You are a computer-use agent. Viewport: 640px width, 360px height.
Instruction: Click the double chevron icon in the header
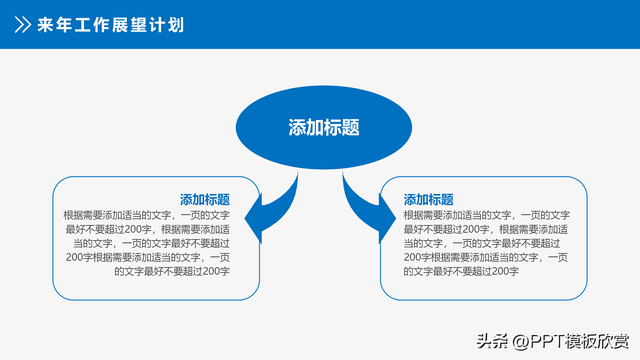[x=19, y=24]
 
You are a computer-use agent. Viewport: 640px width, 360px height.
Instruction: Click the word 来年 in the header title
[x=54, y=24]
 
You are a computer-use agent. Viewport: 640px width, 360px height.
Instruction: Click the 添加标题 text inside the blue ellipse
[x=323, y=128]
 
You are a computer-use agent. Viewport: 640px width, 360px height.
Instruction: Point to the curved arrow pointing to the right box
[x=369, y=207]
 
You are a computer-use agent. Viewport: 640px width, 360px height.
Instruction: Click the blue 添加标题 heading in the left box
[x=205, y=199]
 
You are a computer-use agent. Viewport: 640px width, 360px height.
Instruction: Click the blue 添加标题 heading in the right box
[x=428, y=199]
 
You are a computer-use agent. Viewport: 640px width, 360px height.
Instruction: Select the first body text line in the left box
[x=146, y=214]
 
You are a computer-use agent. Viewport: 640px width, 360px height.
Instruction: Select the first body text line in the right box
[x=486, y=214]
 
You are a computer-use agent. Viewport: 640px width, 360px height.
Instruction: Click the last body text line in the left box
[x=172, y=270]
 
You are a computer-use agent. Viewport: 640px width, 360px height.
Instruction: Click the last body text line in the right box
[x=461, y=270]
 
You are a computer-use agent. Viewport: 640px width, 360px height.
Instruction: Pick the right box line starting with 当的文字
[x=480, y=242]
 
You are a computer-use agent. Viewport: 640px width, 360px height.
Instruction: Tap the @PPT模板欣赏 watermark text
[x=567, y=340]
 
